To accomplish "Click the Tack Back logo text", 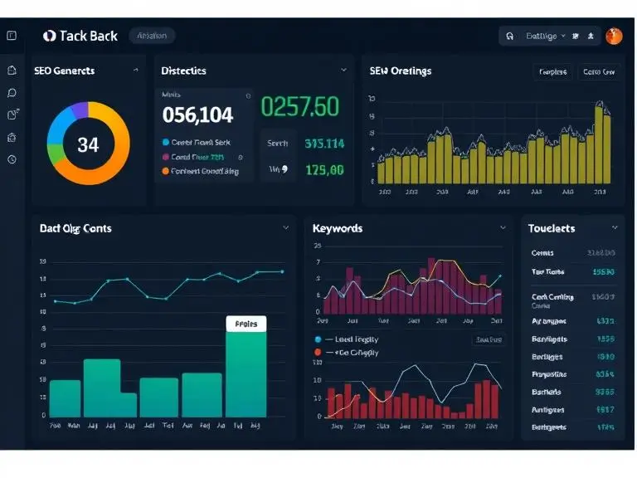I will [88, 36].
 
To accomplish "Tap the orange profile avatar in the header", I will [614, 36].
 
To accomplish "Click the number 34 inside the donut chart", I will [88, 144].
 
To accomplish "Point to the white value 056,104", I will [197, 114].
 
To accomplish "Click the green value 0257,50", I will [300, 106].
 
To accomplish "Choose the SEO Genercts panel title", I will [65, 71].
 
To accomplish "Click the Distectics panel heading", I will [183, 71].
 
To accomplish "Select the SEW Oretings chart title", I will [401, 71].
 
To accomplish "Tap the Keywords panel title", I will [338, 228].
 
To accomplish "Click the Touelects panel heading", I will [552, 228].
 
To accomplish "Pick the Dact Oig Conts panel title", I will [75, 228].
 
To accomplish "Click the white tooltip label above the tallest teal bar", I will [246, 324].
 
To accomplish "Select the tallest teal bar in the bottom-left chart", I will [246, 373].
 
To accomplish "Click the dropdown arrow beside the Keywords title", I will [503, 227].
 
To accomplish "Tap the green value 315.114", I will [324, 144].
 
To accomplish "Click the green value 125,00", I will [324, 170].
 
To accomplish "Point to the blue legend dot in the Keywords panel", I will [318, 339].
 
